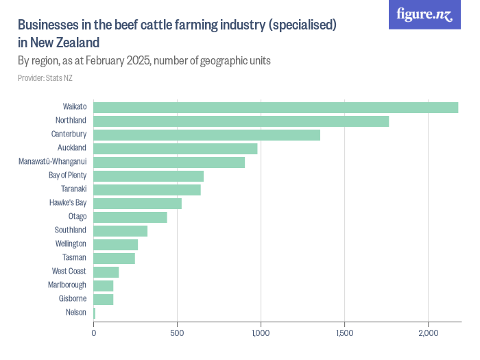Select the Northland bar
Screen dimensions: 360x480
pos(241,121)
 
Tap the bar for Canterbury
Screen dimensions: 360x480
pos(206,134)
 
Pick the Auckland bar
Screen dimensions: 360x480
pos(175,148)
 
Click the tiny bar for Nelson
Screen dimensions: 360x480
pos(94,313)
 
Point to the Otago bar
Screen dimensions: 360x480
pos(130,217)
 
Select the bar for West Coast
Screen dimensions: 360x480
pos(106,272)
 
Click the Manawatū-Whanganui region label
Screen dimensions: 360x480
pos(52,162)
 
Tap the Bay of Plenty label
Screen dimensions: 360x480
pos(67,176)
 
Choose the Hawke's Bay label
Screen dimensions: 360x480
pos(67,203)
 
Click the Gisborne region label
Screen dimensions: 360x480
pos(72,299)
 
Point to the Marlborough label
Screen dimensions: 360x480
pos(67,285)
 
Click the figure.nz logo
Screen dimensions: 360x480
pos(425,15)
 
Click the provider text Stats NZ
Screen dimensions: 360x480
pos(45,78)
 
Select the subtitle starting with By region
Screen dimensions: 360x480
pos(144,60)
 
